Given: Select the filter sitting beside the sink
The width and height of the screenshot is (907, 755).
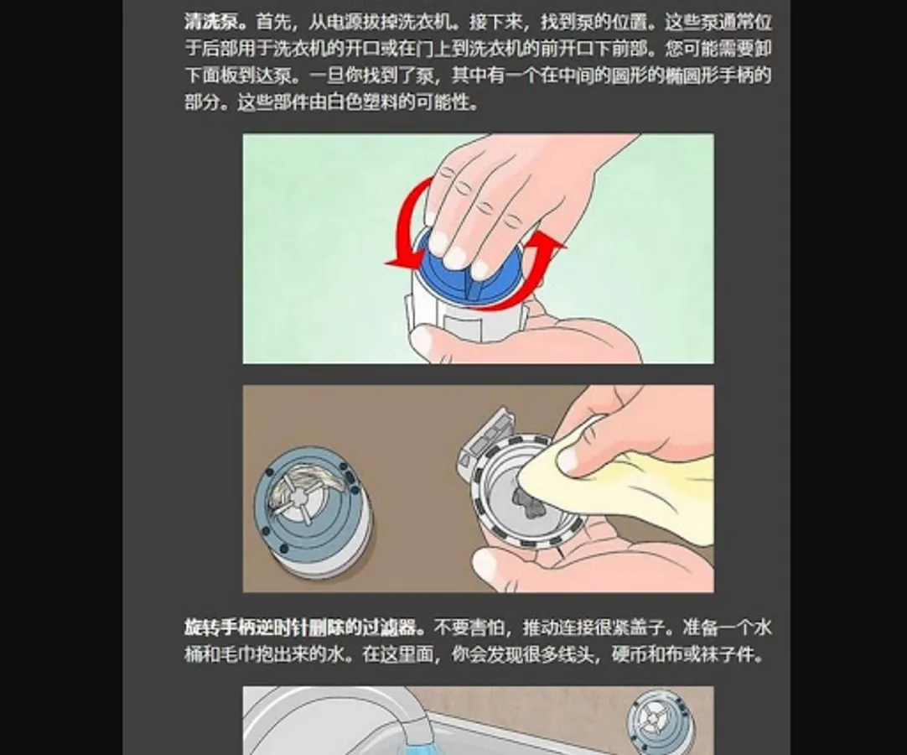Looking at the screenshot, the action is click(660, 720).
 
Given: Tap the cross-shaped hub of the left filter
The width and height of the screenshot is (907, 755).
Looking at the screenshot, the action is click(298, 498).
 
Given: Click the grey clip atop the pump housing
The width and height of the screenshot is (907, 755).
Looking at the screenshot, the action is click(487, 438).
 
